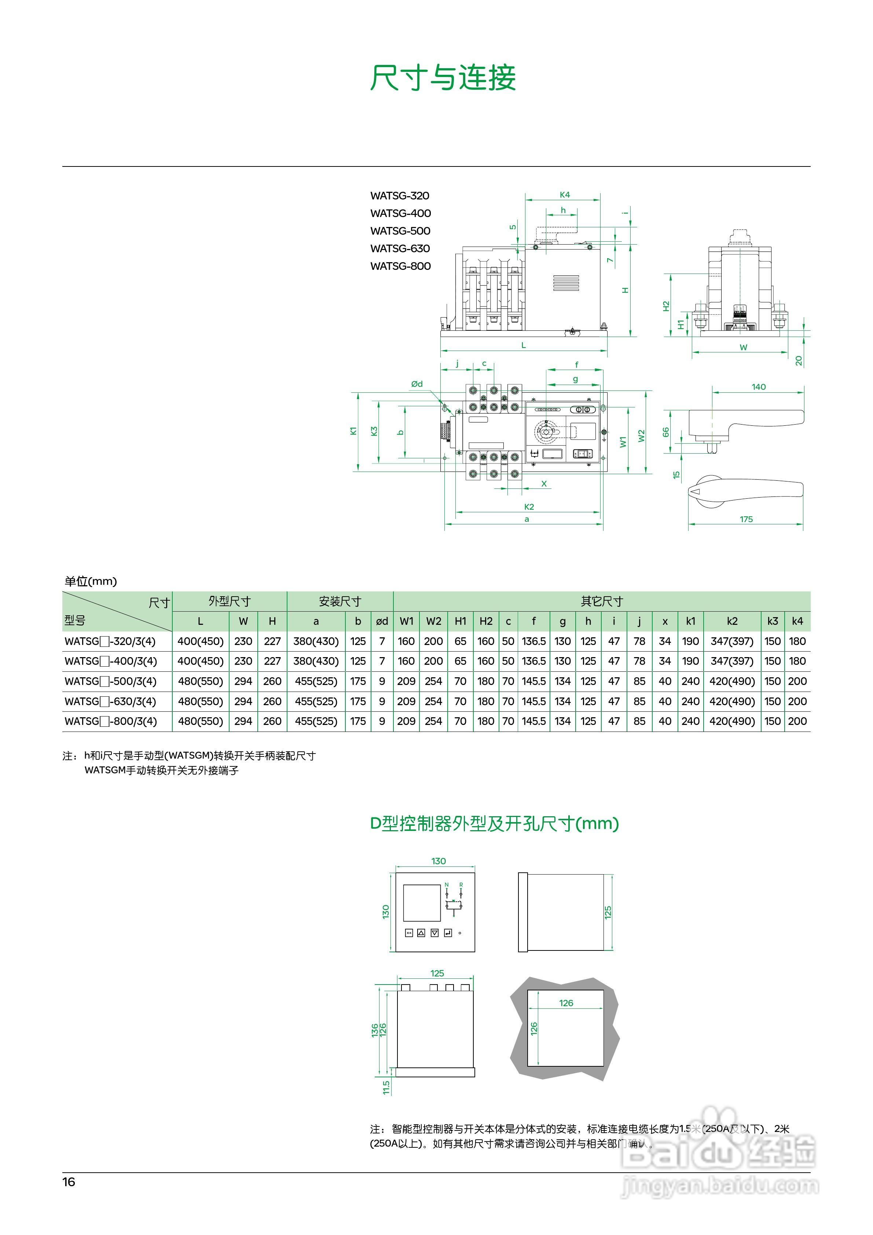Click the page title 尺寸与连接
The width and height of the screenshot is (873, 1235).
pyautogui.click(x=443, y=78)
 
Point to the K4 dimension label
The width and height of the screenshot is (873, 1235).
pyautogui.click(x=564, y=195)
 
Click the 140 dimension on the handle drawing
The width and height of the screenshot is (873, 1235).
pyautogui.click(x=759, y=387)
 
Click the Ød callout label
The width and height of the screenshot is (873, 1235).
pyautogui.click(x=417, y=384)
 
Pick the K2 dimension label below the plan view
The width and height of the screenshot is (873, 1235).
pyautogui.click(x=529, y=507)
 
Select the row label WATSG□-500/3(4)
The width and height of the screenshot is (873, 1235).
pyautogui.click(x=110, y=682)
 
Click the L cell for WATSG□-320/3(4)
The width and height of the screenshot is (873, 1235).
pyautogui.click(x=200, y=641)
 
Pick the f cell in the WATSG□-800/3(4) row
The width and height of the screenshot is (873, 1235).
pyautogui.click(x=533, y=721)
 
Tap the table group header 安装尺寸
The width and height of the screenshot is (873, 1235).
pyautogui.click(x=340, y=601)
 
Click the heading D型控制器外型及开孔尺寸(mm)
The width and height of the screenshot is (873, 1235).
pyautogui.click(x=494, y=824)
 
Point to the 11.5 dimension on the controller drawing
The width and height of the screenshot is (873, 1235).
pyautogui.click(x=386, y=1087)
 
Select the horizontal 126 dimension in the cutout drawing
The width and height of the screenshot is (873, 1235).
pyautogui.click(x=566, y=1003)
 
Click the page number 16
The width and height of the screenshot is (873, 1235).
pyautogui.click(x=69, y=1182)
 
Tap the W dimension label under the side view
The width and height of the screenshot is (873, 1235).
pyautogui.click(x=743, y=348)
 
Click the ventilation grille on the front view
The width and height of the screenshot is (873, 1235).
pyautogui.click(x=566, y=283)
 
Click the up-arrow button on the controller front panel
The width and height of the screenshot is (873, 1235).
pyautogui.click(x=421, y=933)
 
